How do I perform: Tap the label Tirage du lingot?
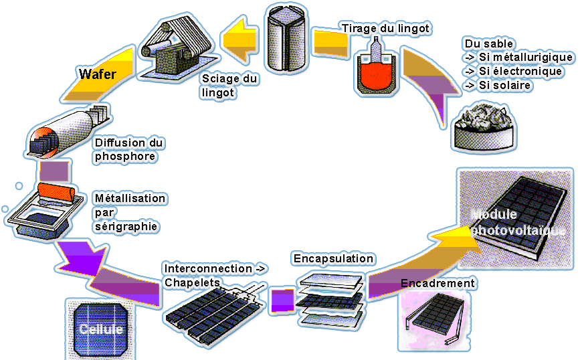[x=385, y=29]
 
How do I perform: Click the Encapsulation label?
[x=333, y=258]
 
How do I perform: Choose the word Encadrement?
[x=438, y=283]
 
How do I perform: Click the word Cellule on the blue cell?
[x=101, y=330]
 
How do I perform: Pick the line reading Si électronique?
[x=518, y=72]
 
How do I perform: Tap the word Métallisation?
[x=130, y=199]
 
